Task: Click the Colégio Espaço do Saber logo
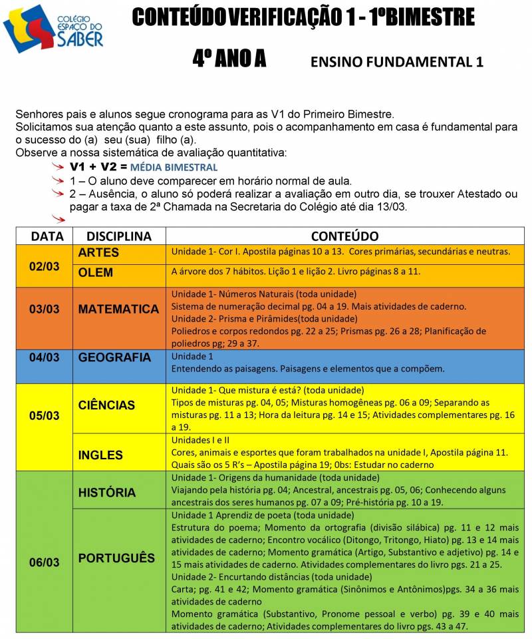(53, 29)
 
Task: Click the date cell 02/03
(45, 266)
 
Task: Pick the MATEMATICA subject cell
(118, 309)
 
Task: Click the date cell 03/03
(45, 309)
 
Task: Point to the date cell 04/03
(45, 357)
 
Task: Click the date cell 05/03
(45, 415)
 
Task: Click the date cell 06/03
(45, 562)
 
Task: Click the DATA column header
(45, 236)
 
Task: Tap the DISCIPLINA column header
(119, 236)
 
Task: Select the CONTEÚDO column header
(344, 236)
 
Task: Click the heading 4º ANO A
(229, 60)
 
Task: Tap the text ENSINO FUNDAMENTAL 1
(396, 63)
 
